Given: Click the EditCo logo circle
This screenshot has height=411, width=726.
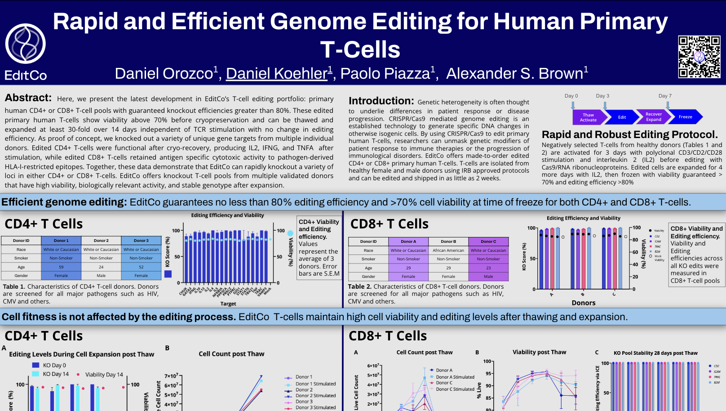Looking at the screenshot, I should coord(25,44).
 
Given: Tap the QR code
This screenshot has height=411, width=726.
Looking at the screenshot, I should coord(699,57).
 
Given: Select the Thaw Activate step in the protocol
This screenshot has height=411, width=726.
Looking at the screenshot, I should coord(588,117).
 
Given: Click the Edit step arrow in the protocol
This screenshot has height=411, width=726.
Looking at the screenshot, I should coord(622,117).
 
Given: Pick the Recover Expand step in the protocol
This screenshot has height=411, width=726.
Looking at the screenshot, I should coord(654,117).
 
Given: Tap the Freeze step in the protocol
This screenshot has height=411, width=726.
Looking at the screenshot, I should coord(685,117).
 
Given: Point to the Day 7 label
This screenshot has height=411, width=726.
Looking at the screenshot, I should coord(665,96).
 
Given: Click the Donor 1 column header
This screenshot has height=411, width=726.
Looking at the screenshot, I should coord(61,241).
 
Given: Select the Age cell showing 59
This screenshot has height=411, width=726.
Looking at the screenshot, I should coord(61,267).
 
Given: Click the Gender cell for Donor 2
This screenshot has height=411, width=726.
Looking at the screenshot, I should coord(101,276).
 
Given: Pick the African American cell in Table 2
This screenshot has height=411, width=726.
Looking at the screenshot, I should coord(448,250).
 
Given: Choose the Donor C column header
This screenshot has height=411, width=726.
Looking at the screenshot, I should coord(488,241).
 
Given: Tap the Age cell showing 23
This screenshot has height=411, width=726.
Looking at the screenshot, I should coord(488,268).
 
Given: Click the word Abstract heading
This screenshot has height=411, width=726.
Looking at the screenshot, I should coord(28,98).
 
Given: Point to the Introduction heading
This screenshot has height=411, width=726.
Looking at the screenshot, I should coord(381,101).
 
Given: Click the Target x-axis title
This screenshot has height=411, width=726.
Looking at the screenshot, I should coord(228,304).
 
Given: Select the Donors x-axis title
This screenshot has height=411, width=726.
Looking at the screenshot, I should coord(584,303).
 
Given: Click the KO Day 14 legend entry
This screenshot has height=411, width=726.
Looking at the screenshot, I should coord(56,374).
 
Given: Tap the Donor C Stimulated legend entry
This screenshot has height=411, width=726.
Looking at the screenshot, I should coord(455,389).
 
